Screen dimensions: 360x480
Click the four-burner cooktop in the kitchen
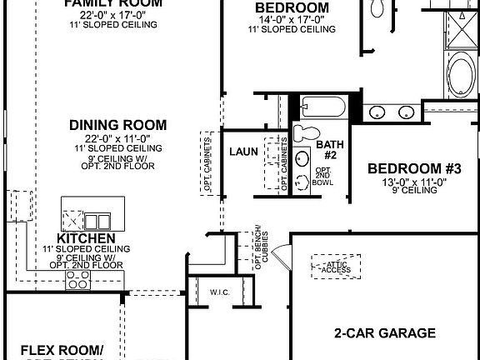(78, 283)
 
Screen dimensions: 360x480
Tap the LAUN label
(242, 152)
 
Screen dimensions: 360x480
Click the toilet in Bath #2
(304, 132)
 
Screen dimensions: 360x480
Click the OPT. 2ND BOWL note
(322, 177)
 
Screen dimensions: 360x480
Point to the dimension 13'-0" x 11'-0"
(413, 181)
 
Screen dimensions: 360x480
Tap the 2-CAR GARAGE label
(384, 333)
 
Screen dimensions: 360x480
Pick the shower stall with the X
(461, 22)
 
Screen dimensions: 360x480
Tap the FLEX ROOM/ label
(62, 349)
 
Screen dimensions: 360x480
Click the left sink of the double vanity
(377, 112)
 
